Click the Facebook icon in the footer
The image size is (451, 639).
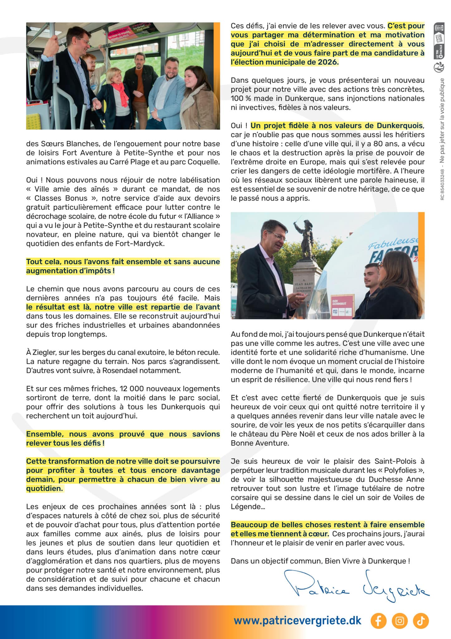378,621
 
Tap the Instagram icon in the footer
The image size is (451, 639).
400,621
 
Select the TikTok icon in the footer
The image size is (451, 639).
421,621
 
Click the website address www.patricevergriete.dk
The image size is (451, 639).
297,620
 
